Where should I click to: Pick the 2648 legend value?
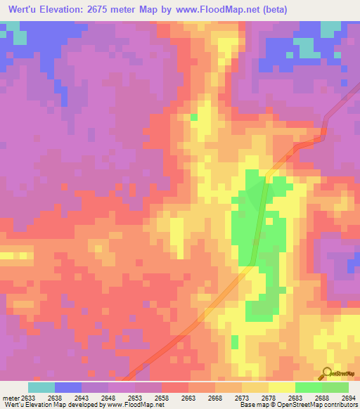click(108, 397)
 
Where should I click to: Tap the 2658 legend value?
click(161, 397)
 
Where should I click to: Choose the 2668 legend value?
click(214, 397)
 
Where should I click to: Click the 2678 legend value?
click(268, 397)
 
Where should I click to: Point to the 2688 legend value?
click(321, 397)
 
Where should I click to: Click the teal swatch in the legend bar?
click(41, 387)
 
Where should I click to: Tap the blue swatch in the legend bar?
click(68, 387)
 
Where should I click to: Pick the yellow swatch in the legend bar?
click(281, 387)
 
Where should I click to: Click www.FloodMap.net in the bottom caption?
click(141, 405)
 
